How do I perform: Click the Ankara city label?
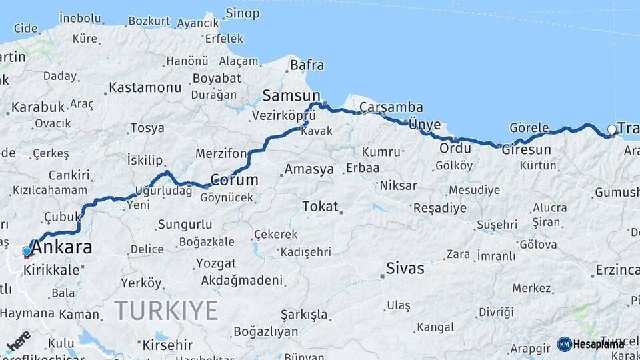point(62,248)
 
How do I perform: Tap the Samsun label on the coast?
point(291,95)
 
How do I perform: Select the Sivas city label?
point(405,269)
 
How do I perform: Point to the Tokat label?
point(320,207)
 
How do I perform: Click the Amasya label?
point(309,169)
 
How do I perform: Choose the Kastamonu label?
point(145,87)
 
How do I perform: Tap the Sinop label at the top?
point(242,13)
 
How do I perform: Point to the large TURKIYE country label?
point(166,310)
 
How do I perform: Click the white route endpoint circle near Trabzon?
point(612,129)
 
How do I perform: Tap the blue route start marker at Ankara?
point(27,251)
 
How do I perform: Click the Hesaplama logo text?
point(598,344)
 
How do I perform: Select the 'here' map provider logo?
point(19,341)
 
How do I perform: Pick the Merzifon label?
point(221,154)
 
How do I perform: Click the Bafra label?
point(307,65)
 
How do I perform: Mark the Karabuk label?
point(38,107)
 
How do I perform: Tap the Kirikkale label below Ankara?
point(51,271)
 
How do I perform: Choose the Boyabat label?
point(216,78)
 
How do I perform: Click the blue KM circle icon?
point(564,344)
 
